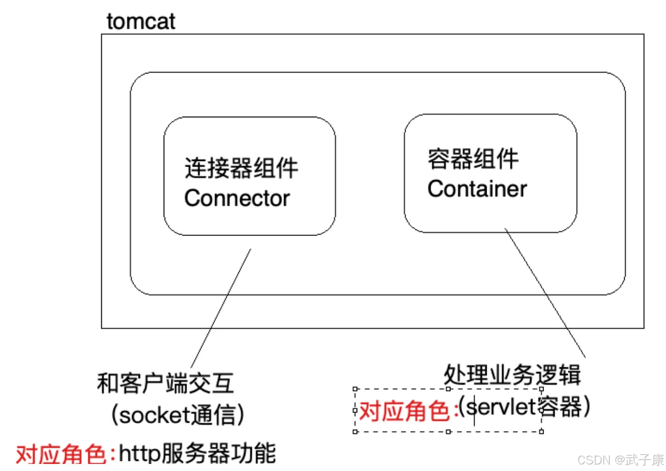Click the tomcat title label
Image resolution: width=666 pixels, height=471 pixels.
click(x=141, y=22)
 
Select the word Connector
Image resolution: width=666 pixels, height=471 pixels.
click(x=237, y=198)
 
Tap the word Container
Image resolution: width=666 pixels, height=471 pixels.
click(x=477, y=189)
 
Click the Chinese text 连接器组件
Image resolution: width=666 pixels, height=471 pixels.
click(x=241, y=168)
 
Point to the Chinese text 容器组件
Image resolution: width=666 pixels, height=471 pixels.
click(x=473, y=159)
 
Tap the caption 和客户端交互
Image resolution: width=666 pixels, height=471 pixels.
click(x=165, y=383)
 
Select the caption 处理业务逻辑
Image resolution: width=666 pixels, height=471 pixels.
click(x=512, y=375)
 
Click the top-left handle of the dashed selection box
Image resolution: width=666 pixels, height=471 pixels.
click(x=355, y=389)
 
